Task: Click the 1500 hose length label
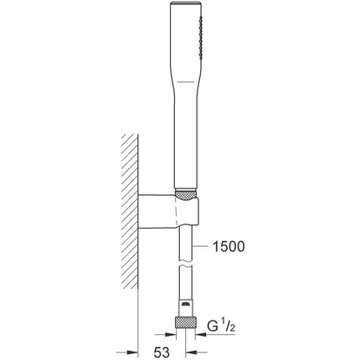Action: (x=229, y=246)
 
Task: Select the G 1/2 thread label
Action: (x=221, y=326)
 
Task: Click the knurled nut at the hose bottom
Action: (x=186, y=323)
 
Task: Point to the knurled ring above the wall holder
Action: (x=186, y=195)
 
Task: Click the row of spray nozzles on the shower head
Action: (x=200, y=38)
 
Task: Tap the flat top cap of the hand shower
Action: (x=185, y=3)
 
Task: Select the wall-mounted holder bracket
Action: (x=169, y=210)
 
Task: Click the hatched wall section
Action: (x=130, y=211)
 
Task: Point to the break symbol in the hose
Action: (x=185, y=264)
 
